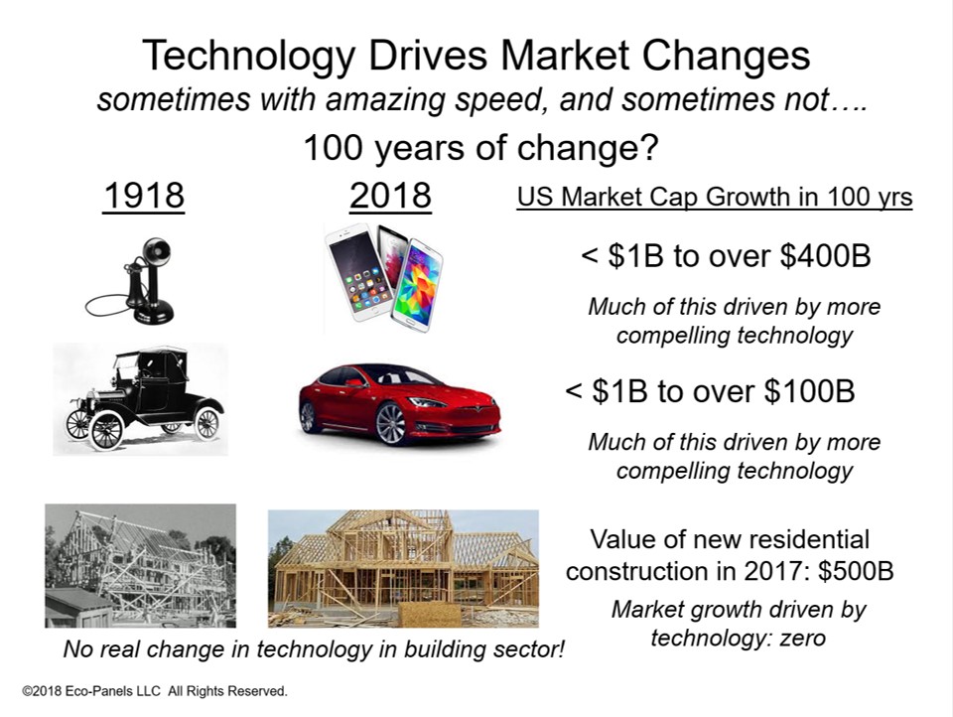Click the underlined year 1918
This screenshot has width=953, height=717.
tap(143, 196)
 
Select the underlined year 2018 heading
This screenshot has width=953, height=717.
tap(390, 196)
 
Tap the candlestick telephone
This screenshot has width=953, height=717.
tap(130, 280)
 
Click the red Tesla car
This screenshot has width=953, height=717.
tap(399, 404)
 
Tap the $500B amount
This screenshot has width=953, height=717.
tap(856, 571)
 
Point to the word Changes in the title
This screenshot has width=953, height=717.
tap(726, 56)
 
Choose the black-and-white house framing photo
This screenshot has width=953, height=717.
tap(140, 566)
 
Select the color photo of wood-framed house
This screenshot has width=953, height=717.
tap(403, 569)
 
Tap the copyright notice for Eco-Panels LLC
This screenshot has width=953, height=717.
tap(155, 691)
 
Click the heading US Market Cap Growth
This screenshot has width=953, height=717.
tap(715, 197)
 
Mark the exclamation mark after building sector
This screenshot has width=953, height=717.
tap(560, 648)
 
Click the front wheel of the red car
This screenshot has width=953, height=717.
tap(390, 423)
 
